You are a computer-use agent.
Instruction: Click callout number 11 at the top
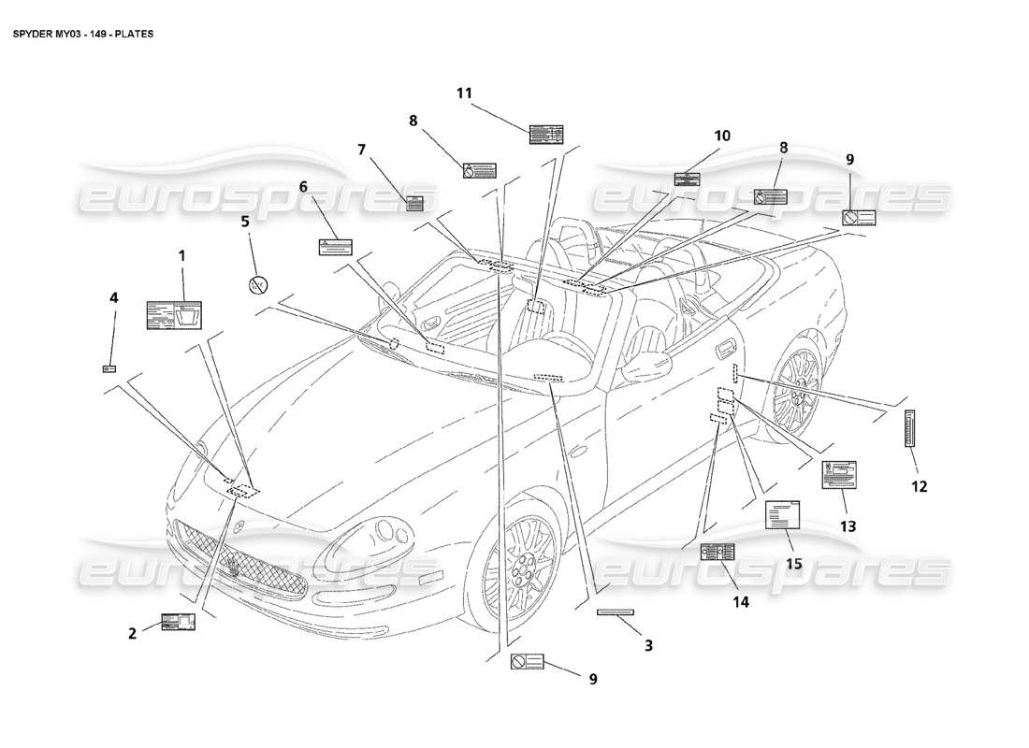click(465, 93)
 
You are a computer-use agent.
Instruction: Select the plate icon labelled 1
click(174, 315)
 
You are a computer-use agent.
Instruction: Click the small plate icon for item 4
click(109, 368)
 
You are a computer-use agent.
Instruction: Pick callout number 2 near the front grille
click(133, 633)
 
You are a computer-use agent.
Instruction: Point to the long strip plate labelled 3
click(616, 612)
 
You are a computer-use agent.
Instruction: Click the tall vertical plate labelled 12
click(910, 429)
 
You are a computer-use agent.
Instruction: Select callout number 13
click(848, 526)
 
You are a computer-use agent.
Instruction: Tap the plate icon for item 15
click(784, 515)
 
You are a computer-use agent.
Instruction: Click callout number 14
click(741, 602)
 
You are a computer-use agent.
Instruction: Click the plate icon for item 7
click(414, 204)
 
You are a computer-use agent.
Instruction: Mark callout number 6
click(303, 186)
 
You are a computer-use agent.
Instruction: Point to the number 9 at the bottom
click(593, 680)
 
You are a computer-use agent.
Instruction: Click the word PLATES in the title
click(136, 34)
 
